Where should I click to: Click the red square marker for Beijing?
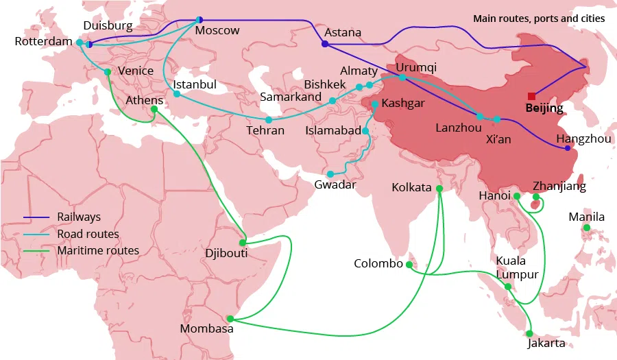[x=531, y=96]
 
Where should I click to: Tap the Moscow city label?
[x=217, y=30]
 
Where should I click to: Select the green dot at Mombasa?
[x=230, y=319]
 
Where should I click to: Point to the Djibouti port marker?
[x=243, y=243]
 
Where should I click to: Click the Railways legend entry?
[x=78, y=217]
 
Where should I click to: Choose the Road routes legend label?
[x=88, y=234]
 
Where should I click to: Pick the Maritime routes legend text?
[x=98, y=251]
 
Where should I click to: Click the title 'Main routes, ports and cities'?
[x=539, y=19]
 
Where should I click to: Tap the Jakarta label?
[x=546, y=344]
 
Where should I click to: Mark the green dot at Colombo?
[x=409, y=265]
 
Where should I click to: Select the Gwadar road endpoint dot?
[x=330, y=174]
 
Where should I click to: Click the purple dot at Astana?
[x=324, y=45]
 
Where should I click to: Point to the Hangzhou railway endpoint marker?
[x=567, y=148]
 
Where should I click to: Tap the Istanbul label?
[x=195, y=84]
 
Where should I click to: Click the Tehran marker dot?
[x=269, y=119]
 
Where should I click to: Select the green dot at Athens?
[x=154, y=109]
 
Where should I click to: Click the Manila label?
[x=587, y=217]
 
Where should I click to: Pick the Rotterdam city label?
[x=43, y=43]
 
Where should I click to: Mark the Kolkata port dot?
[x=439, y=189]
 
